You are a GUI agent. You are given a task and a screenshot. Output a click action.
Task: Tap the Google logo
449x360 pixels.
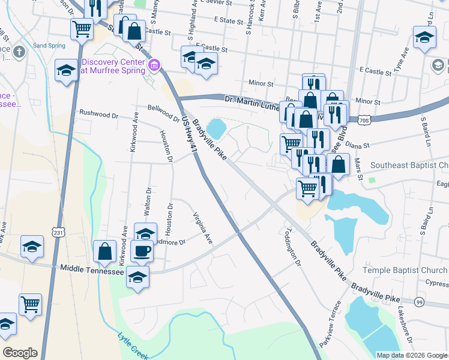(x=20, y=352)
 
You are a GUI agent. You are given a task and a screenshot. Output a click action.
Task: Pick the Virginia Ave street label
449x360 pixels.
(x=202, y=229)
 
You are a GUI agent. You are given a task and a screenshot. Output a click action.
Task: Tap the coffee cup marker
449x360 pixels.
(x=142, y=251)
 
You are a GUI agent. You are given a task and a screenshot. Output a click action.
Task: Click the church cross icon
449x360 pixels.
(x=19, y=51)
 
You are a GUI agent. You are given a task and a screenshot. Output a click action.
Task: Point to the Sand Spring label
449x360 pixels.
(x=48, y=45)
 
